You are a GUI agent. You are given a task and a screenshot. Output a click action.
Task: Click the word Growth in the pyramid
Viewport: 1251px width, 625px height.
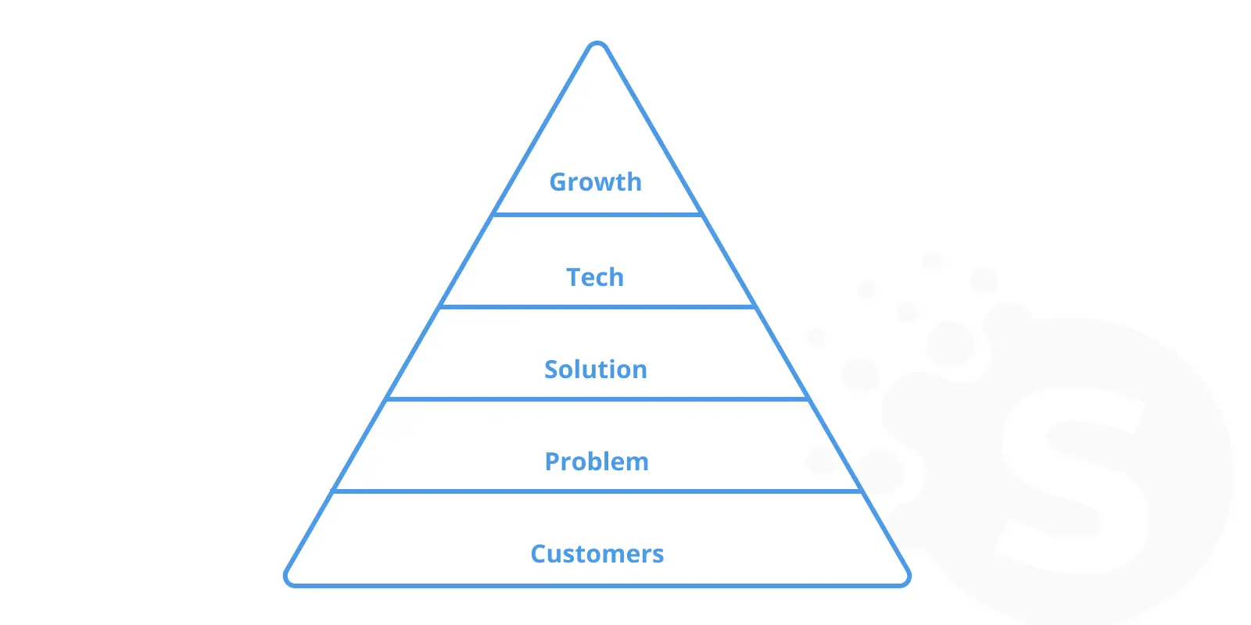point(595,183)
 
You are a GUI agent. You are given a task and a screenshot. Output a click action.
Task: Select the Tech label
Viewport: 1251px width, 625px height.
point(595,277)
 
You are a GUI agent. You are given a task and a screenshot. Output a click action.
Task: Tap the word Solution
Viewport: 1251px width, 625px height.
point(595,370)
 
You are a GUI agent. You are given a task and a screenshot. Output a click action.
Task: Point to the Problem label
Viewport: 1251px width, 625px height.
point(597,462)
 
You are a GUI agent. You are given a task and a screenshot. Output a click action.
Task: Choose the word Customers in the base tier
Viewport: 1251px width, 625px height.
point(597,554)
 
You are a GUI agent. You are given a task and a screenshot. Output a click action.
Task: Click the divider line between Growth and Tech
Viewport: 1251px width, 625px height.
point(597,214)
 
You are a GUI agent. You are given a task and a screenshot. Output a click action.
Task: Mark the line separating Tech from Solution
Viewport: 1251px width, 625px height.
point(597,306)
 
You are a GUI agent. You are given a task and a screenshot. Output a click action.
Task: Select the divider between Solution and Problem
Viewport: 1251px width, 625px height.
point(597,399)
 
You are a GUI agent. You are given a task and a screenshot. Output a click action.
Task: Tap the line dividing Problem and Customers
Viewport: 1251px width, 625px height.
point(597,491)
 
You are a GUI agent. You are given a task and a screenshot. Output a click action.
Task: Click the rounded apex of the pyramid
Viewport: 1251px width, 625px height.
point(597,44)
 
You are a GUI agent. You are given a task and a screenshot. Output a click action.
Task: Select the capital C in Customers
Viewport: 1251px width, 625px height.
point(539,554)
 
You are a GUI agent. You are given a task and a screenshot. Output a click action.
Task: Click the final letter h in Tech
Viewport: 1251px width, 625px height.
point(617,277)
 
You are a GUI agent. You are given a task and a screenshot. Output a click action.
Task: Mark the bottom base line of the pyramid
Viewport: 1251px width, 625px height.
point(597,585)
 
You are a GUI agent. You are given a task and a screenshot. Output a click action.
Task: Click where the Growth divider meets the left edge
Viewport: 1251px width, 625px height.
point(493,214)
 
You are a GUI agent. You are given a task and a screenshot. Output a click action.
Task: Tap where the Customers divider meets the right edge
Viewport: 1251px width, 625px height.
point(862,491)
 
